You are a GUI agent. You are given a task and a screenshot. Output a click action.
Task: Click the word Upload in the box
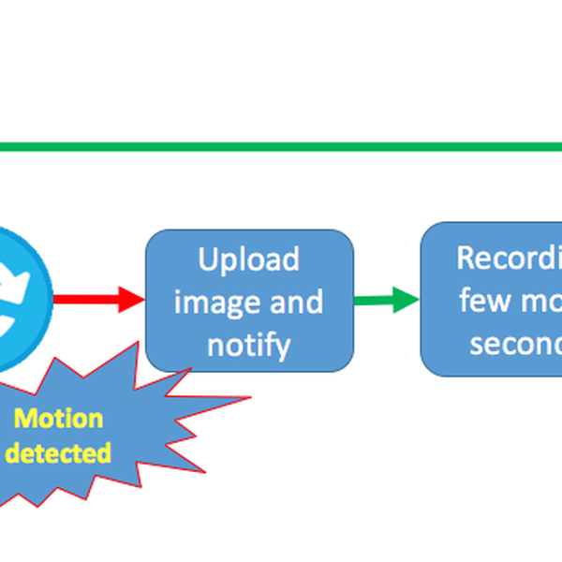249,259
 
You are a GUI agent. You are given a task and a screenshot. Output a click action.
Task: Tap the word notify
249,344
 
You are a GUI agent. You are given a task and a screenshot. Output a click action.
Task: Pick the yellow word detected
59,454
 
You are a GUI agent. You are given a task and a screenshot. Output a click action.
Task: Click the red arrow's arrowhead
131,300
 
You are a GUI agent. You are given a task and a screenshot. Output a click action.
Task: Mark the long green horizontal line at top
281,147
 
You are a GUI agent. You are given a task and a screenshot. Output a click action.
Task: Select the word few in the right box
482,300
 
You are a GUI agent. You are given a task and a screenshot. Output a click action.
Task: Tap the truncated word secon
515,343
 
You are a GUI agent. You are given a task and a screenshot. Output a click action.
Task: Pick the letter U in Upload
208,259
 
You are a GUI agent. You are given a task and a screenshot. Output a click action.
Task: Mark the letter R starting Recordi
466,257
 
